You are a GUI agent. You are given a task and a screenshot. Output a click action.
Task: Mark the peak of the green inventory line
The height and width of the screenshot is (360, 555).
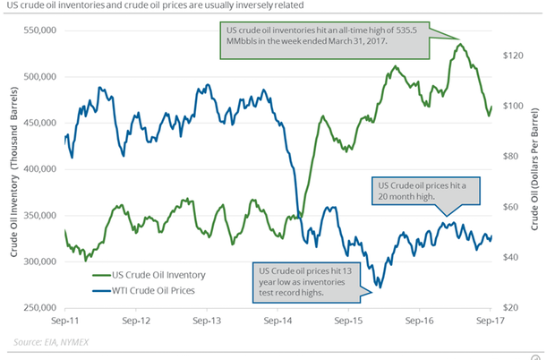coord(459,44)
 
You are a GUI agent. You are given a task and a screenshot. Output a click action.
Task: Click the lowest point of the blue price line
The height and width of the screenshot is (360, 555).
coord(379,287)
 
